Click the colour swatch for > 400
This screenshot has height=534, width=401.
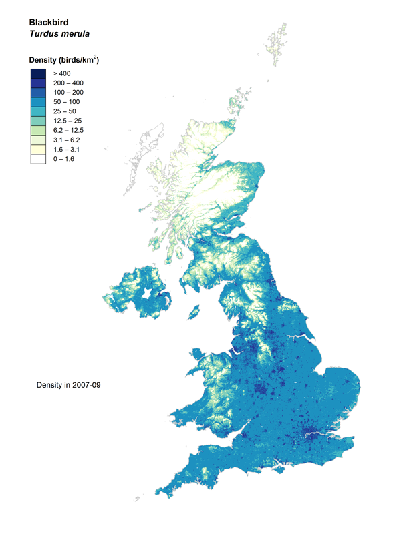[37, 73]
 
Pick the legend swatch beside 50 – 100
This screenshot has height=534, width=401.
[37, 101]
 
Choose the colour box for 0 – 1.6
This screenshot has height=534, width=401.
[37, 159]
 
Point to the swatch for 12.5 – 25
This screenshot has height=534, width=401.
[37, 120]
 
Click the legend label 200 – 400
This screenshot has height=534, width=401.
[69, 83]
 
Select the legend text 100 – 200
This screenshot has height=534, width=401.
[69, 92]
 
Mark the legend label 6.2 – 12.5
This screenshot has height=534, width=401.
[68, 130]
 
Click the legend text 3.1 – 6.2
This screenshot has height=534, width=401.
[67, 140]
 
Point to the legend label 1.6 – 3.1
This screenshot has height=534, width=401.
[67, 150]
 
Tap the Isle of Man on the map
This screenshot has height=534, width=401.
[195, 312]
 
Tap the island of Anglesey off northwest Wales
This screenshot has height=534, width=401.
[198, 356]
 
